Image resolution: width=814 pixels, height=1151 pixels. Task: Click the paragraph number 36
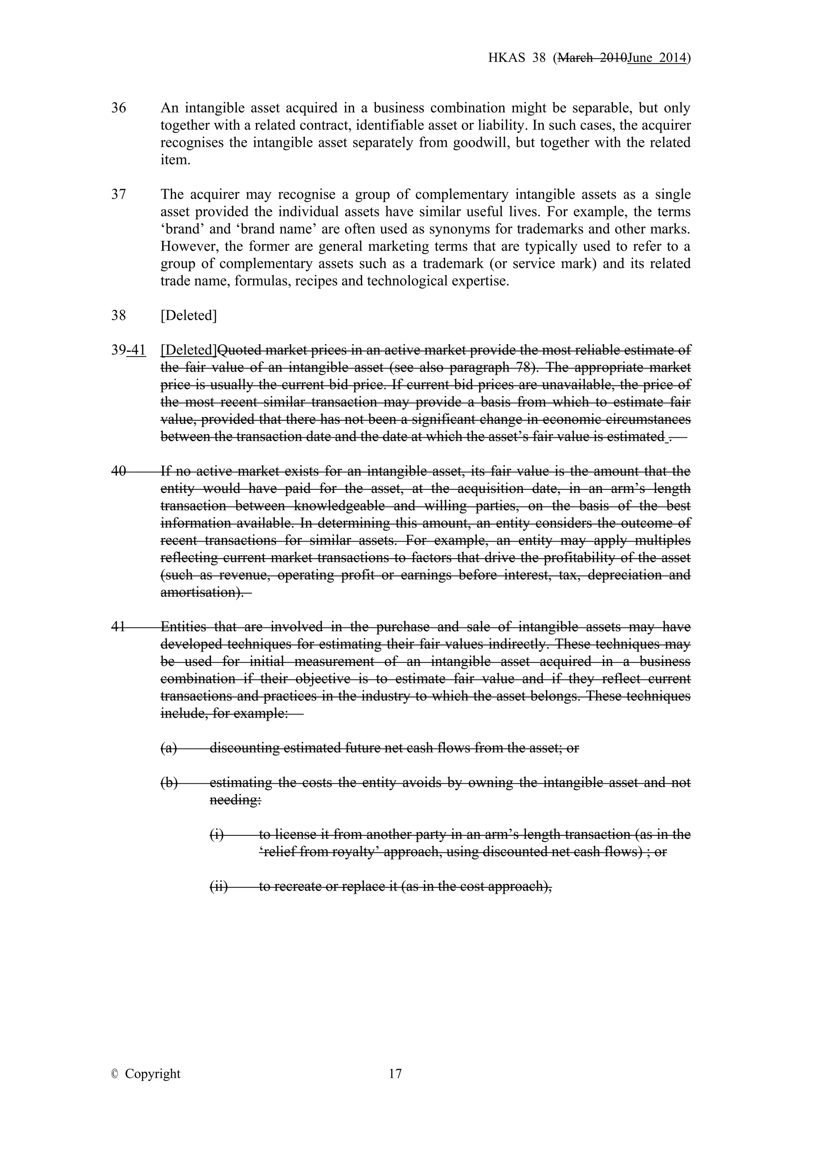(119, 108)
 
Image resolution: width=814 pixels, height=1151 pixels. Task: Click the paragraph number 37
(119, 194)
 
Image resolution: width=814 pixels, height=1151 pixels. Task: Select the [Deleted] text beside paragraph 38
(188, 316)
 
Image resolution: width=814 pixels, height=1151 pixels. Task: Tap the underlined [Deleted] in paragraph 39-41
(189, 350)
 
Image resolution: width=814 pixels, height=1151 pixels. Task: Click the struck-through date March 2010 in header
(592, 58)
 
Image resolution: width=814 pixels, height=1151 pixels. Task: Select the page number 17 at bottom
(395, 1074)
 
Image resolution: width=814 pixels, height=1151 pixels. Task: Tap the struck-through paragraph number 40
(119, 471)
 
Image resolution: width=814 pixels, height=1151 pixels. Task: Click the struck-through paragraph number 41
(119, 627)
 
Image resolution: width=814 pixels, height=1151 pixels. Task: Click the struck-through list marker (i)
(217, 835)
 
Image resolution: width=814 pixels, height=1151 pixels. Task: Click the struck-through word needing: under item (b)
(235, 800)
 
